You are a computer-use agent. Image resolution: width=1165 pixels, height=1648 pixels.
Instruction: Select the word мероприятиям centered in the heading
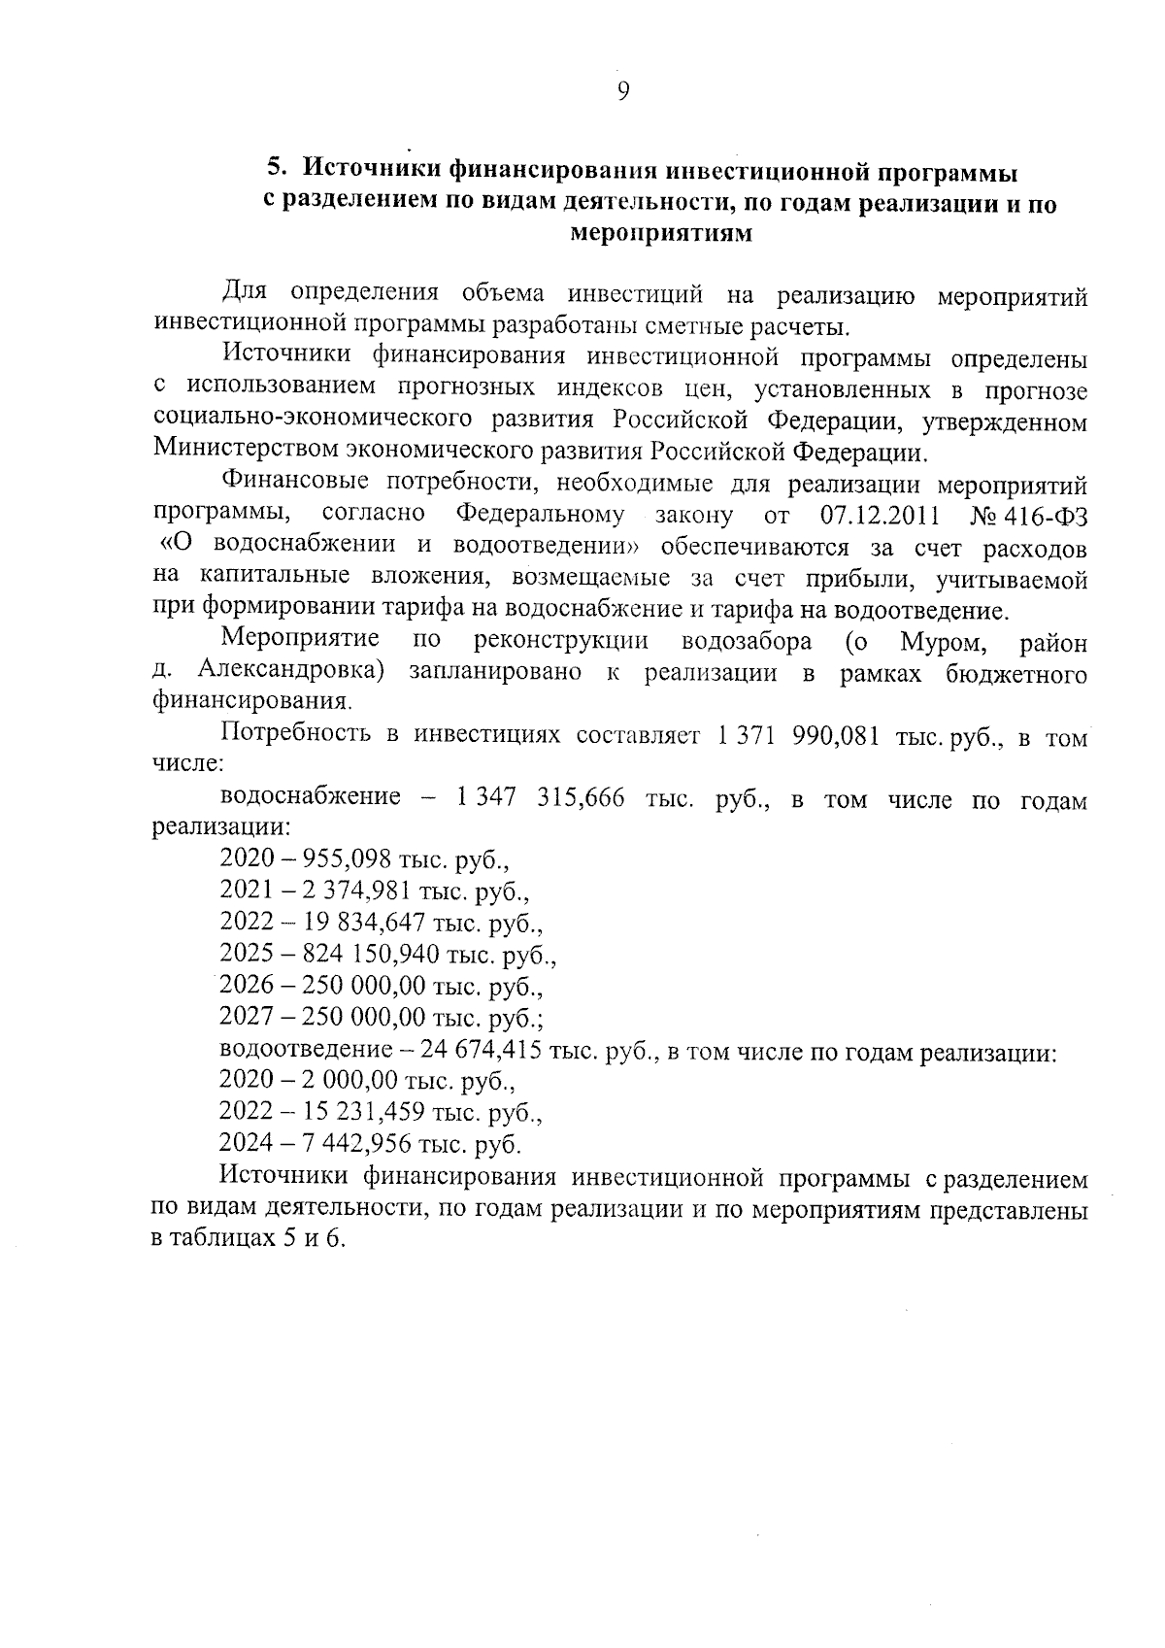pyautogui.click(x=660, y=234)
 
